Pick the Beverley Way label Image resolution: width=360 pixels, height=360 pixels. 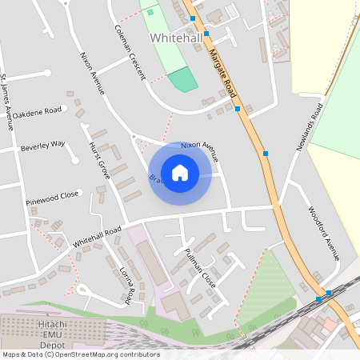click(43, 146)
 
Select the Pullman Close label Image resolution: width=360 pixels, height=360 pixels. click(200, 268)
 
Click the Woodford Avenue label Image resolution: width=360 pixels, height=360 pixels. click(325, 234)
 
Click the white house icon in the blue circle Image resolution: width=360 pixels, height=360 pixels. click(180, 172)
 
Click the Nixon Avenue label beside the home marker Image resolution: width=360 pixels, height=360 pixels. click(199, 150)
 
